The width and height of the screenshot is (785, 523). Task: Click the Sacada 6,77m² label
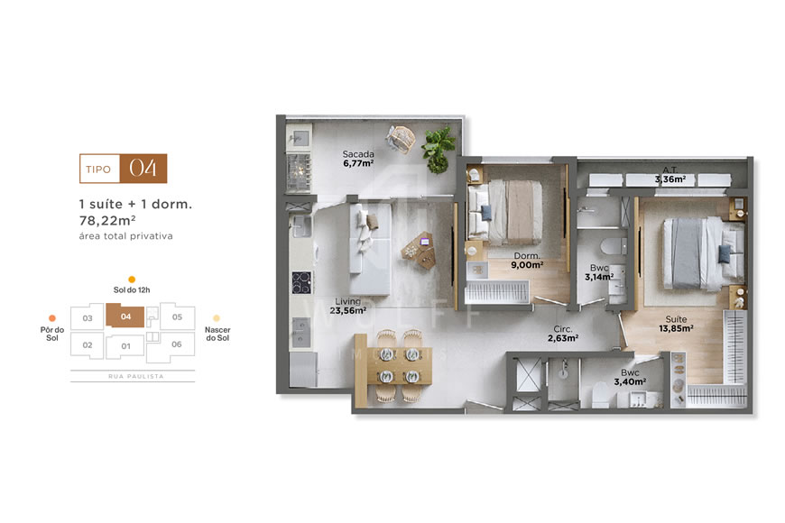pos(357,160)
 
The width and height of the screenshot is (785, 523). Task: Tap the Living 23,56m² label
pos(347,306)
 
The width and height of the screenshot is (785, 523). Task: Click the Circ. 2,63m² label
pos(562,335)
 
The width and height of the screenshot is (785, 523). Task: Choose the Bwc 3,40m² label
pos(629,377)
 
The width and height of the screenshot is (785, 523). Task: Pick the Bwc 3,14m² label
pos(598,272)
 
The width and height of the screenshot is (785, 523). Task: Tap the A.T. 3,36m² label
pos(670,175)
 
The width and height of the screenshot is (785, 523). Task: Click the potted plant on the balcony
pos(439,148)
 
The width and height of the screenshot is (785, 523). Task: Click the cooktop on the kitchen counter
pos(300,282)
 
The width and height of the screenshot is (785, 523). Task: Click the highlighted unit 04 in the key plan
pos(125,317)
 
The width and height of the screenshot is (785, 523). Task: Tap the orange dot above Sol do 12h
pos(132,280)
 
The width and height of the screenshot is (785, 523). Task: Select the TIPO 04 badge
pos(124,169)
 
